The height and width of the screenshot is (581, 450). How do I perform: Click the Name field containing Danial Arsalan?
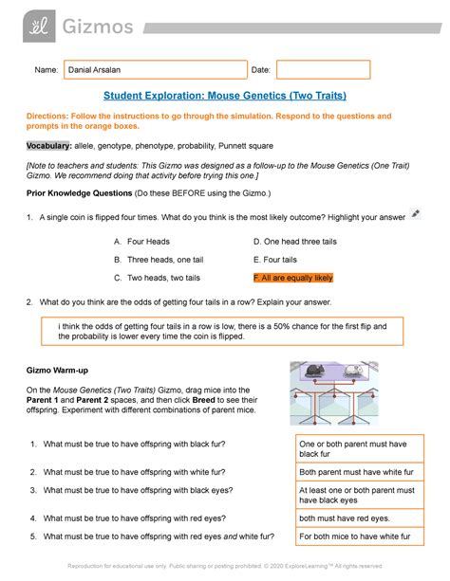[x=153, y=70]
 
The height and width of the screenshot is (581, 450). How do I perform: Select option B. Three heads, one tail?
[x=158, y=260]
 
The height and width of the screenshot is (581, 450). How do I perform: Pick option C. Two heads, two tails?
[x=156, y=278]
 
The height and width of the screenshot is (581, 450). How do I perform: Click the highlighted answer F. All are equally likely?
[x=293, y=278]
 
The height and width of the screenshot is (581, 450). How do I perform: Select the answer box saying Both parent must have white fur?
[x=355, y=471]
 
